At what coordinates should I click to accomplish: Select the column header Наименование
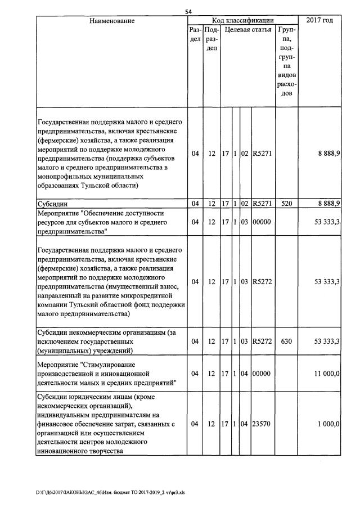(x=111, y=21)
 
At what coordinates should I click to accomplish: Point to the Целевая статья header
(x=247, y=30)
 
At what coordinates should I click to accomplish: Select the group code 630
(x=286, y=341)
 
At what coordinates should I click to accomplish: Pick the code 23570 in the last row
(x=262, y=424)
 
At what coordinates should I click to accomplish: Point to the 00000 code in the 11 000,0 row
(x=262, y=374)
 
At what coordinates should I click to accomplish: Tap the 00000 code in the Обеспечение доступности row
(x=262, y=222)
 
